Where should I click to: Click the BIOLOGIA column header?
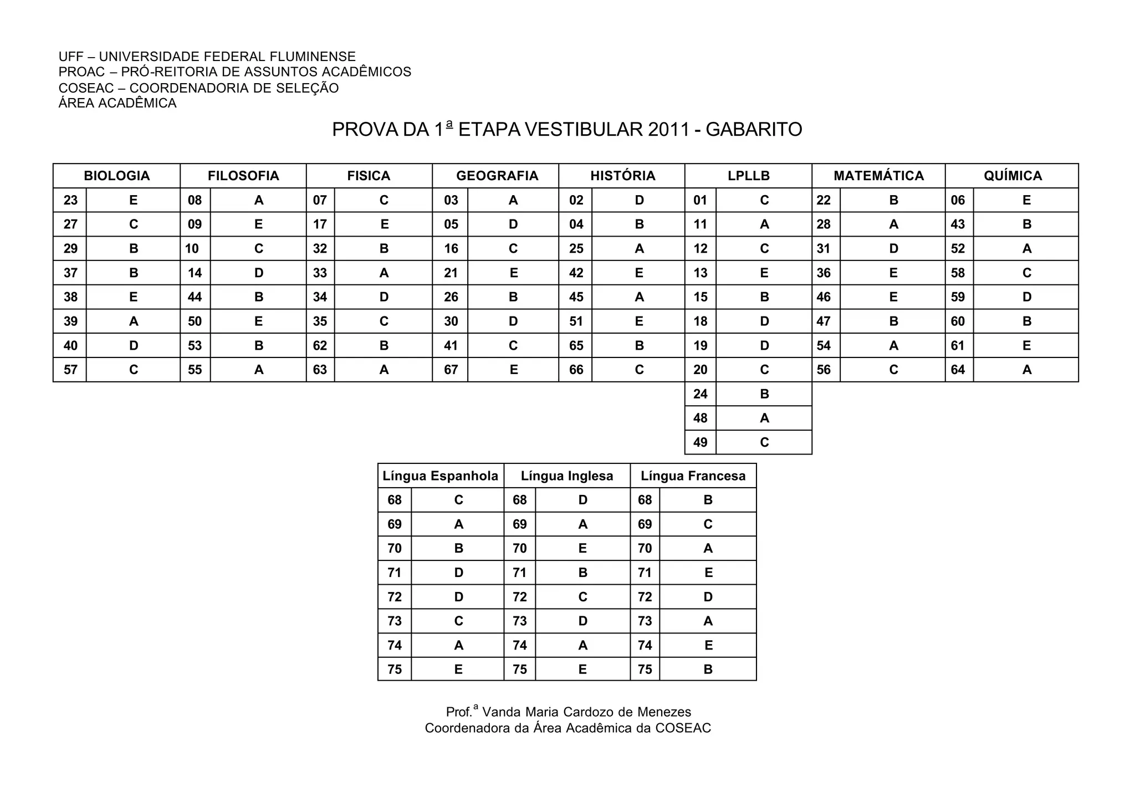117,176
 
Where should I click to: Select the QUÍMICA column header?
1013,176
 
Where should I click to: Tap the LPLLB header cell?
749,176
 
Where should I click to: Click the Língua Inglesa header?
567,476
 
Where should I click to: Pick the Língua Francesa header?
693,476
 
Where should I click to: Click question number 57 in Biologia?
70,370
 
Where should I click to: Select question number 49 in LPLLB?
700,442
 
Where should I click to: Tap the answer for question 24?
764,394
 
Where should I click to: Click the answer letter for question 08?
258,200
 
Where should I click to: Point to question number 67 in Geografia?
451,370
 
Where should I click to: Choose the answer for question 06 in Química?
1026,200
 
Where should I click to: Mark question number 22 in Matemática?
824,200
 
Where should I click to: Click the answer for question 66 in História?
639,370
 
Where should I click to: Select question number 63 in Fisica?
320,370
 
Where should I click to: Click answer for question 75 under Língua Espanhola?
458,670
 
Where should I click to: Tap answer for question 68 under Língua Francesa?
708,500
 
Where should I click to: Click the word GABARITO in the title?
754,130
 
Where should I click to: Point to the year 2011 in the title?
668,130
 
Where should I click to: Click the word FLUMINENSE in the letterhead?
313,57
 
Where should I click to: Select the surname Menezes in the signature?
667,712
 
